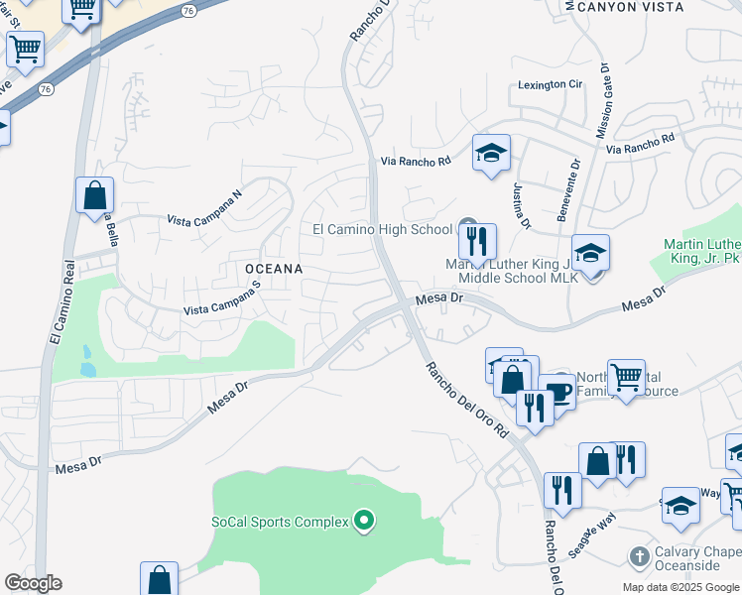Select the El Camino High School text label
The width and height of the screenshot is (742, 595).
(x=382, y=229)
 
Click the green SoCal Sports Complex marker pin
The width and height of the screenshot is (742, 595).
(x=364, y=520)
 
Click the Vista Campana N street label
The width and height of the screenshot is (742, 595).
(x=204, y=209)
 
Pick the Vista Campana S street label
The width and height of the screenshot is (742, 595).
(x=222, y=298)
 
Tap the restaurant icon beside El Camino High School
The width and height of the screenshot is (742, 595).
(x=476, y=241)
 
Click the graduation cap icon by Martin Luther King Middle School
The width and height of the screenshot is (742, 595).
(x=590, y=253)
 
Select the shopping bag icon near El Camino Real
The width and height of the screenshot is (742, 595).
(x=94, y=195)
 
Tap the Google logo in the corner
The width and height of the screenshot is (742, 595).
(x=33, y=583)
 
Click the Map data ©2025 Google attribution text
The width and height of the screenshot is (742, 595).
(x=680, y=587)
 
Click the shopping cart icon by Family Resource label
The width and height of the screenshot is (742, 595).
(x=626, y=378)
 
